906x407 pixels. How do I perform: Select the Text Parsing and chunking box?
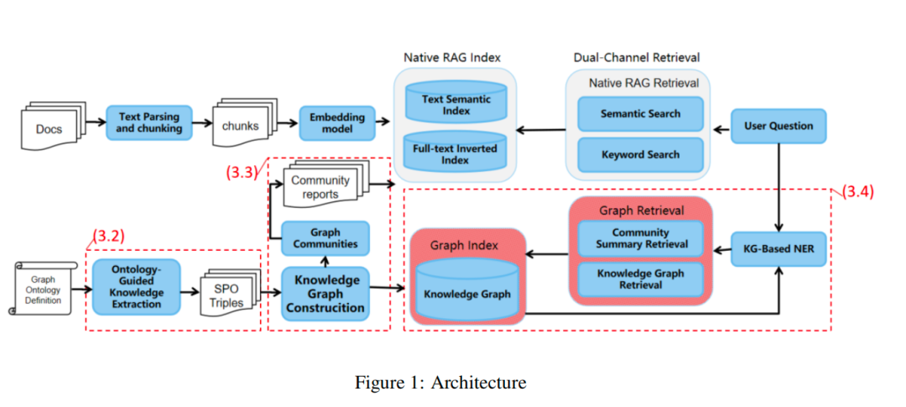pyautogui.click(x=149, y=123)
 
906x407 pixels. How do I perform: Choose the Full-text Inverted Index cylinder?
pyautogui.click(x=456, y=150)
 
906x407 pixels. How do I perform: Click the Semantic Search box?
pyautogui.click(x=640, y=113)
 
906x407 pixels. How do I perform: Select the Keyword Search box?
pyautogui.click(x=640, y=154)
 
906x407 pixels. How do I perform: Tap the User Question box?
pyautogui.click(x=778, y=126)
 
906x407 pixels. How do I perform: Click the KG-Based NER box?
pyautogui.click(x=778, y=249)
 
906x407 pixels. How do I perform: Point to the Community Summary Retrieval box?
pyautogui.click(x=640, y=237)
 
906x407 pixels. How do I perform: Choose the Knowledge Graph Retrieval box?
pyautogui.click(x=640, y=279)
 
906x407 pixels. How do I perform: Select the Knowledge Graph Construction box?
pyautogui.click(x=325, y=294)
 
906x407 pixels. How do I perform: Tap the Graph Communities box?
pyautogui.click(x=325, y=238)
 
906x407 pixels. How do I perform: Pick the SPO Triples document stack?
pyautogui.click(x=222, y=295)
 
